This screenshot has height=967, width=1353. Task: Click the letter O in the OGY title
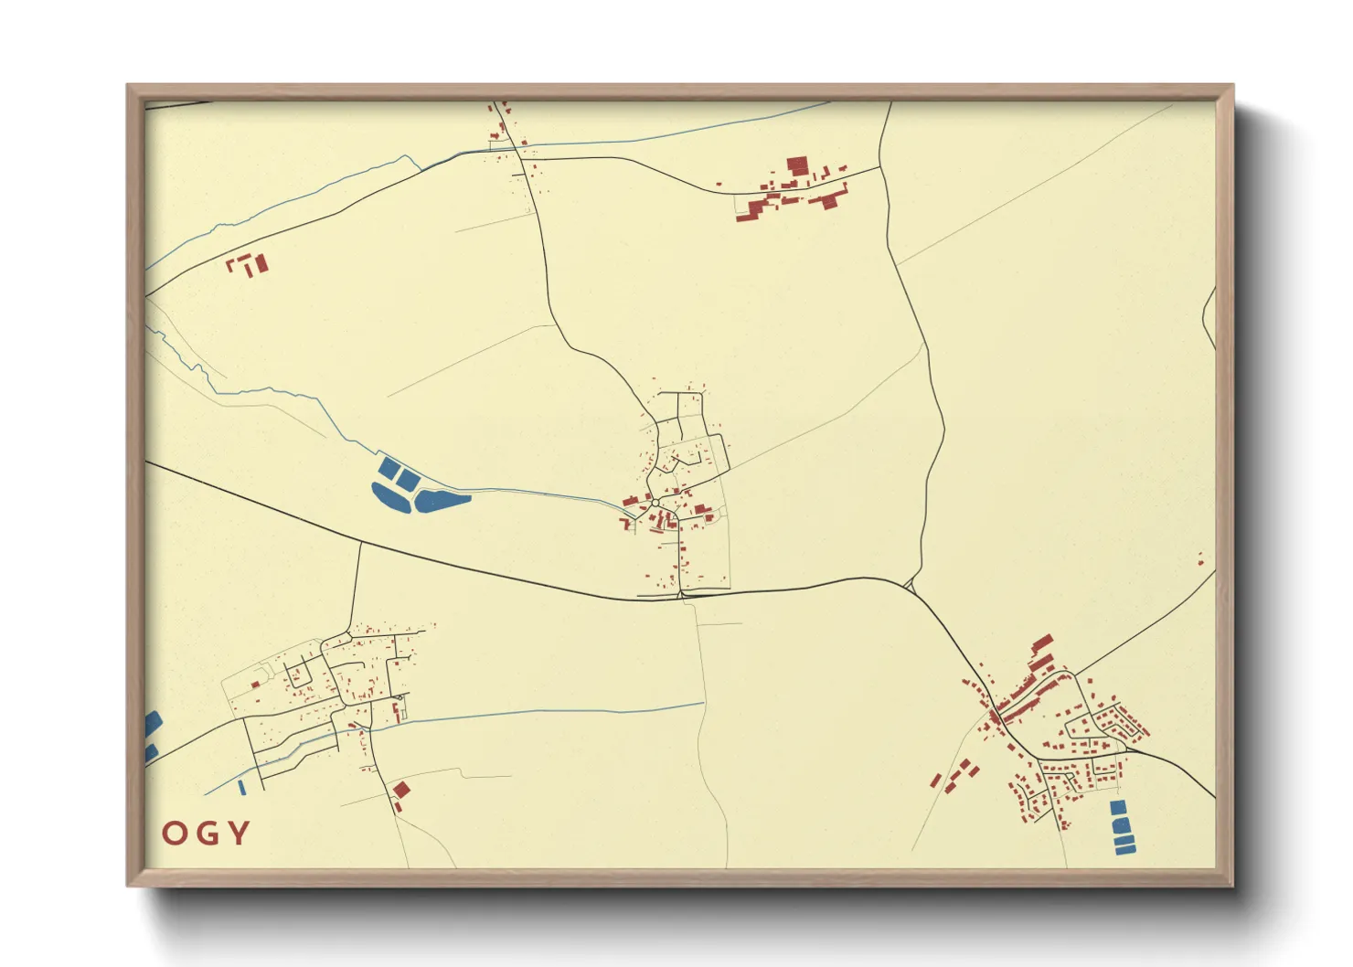(176, 833)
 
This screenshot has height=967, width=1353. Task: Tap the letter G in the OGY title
(207, 833)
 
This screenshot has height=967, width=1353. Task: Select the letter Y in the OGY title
(239, 833)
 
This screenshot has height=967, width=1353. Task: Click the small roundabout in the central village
(655, 503)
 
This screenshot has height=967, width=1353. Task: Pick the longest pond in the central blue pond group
(442, 499)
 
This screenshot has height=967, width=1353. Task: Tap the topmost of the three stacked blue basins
(1117, 808)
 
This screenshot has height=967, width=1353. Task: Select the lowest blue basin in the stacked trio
(1125, 849)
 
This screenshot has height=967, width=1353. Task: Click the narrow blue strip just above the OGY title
(241, 787)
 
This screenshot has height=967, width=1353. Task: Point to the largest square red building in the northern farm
(797, 166)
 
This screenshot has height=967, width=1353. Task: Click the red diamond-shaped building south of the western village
(400, 790)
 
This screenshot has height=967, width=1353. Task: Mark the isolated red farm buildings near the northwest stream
(249, 265)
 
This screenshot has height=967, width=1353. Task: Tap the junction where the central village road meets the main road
(681, 596)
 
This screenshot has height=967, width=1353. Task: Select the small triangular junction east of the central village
(911, 584)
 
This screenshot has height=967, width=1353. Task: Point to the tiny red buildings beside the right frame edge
(1201, 558)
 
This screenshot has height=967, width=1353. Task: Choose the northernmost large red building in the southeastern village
(1042, 643)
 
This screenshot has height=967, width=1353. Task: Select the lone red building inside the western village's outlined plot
(256, 684)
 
